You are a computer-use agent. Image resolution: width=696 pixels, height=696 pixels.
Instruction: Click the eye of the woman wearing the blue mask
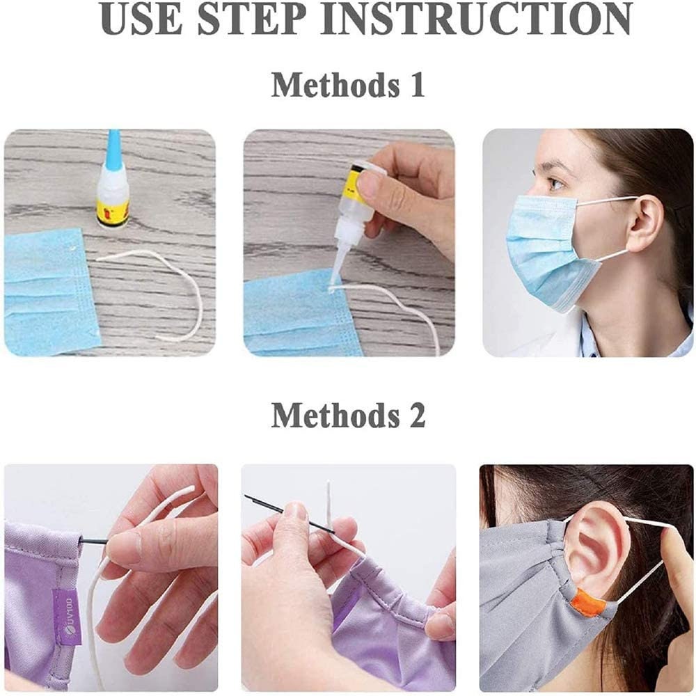tap(555, 184)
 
